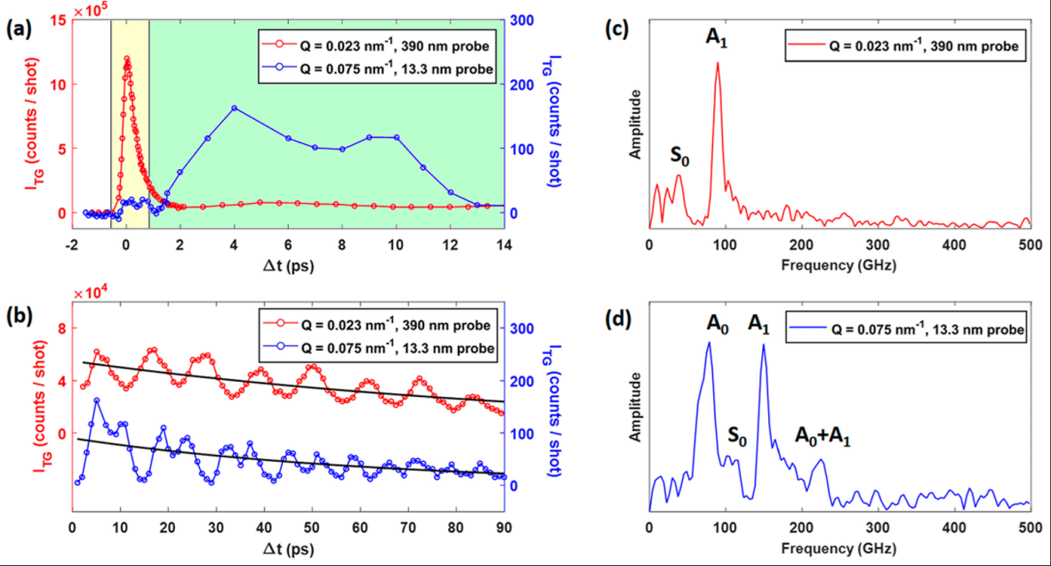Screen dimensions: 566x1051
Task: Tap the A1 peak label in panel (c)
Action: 718,38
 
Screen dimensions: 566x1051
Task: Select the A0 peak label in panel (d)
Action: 709,324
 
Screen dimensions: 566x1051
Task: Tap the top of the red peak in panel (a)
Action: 127,59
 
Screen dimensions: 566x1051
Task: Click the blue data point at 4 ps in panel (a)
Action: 234,108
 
